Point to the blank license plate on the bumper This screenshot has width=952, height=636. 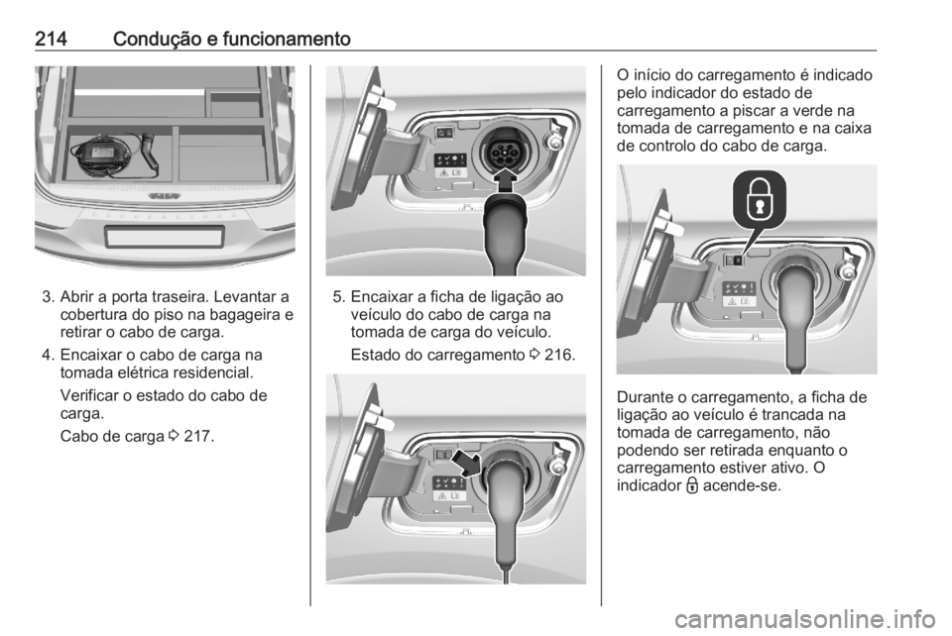164,237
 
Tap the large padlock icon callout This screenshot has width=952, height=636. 758,204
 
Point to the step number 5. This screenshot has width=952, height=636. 338,296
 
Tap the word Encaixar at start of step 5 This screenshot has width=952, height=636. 383,296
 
